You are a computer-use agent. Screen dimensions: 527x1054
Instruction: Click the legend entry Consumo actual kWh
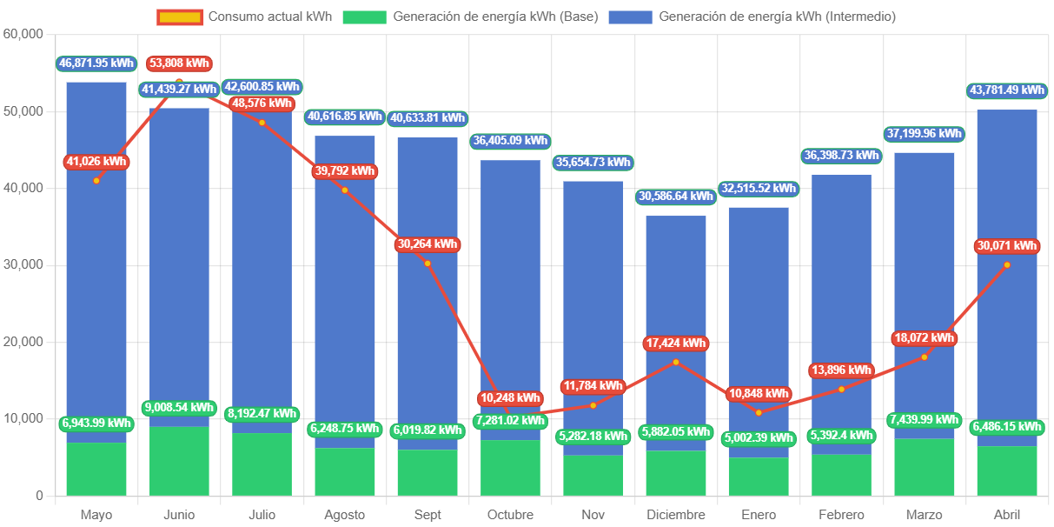[x=244, y=17]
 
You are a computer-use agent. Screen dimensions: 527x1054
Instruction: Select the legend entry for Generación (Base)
[x=470, y=17]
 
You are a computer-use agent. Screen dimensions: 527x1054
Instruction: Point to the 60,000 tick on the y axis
[x=23, y=34]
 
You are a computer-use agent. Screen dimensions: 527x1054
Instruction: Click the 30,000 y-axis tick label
[x=23, y=264]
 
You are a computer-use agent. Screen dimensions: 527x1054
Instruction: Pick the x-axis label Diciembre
[x=676, y=515]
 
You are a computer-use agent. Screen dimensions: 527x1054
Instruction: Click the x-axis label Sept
[x=428, y=515]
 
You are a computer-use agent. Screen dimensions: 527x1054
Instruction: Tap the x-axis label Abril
[x=1007, y=515]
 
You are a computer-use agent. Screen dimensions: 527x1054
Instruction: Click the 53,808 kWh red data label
[x=179, y=63]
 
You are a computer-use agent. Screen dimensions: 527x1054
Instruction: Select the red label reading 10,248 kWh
[x=510, y=398]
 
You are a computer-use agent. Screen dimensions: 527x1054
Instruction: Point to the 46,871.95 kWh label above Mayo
[x=96, y=63]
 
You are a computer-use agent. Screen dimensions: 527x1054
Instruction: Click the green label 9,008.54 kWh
[x=178, y=407]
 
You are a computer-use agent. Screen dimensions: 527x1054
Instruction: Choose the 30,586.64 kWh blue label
[x=676, y=197]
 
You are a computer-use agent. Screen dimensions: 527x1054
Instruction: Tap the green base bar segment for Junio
[x=179, y=461]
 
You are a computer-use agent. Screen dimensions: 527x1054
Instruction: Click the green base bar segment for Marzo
[x=925, y=468]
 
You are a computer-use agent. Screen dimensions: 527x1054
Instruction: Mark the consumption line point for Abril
[x=1007, y=264]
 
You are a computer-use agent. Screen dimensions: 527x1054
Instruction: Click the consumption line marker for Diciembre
[x=676, y=362]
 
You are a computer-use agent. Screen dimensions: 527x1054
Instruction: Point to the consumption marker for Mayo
[x=96, y=180]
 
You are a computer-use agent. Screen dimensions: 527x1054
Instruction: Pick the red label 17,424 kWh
[x=676, y=344]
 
